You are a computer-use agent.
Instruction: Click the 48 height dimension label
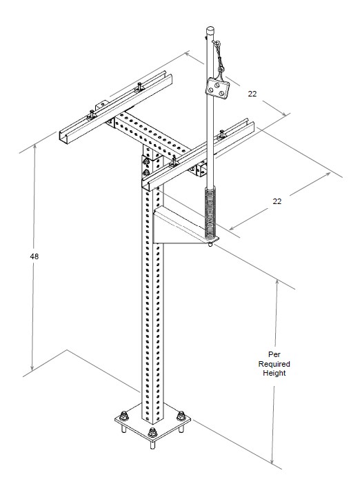(34, 256)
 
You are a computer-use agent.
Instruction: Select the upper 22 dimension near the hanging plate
(252, 94)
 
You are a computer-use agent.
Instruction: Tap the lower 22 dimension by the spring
(277, 201)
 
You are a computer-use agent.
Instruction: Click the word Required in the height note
(274, 364)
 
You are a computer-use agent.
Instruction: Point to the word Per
(274, 354)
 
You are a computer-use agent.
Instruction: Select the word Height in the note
(274, 373)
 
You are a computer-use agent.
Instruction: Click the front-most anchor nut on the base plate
(152, 432)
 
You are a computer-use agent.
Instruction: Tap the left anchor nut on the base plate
(124, 416)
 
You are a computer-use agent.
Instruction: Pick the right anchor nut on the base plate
(181, 416)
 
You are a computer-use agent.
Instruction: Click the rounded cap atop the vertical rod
(210, 31)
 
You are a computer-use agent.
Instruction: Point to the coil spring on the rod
(210, 212)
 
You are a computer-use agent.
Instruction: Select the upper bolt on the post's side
(146, 162)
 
